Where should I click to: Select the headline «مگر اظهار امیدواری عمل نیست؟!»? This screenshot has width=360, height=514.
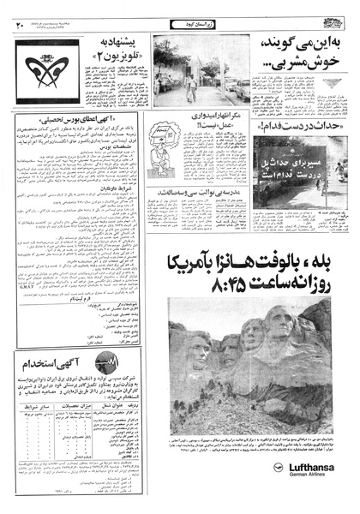tap(207, 128)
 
